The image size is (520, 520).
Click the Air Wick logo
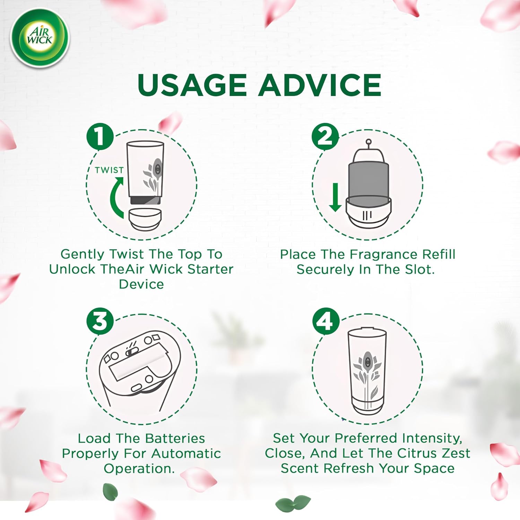pos(40,38)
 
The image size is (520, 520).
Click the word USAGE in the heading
pos(192,85)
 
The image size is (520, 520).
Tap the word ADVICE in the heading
pos(319,85)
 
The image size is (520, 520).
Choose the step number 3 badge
pos(100,321)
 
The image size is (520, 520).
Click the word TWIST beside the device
pos(109,170)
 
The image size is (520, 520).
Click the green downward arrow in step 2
pos(335,197)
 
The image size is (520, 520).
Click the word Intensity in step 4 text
pos(432,439)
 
